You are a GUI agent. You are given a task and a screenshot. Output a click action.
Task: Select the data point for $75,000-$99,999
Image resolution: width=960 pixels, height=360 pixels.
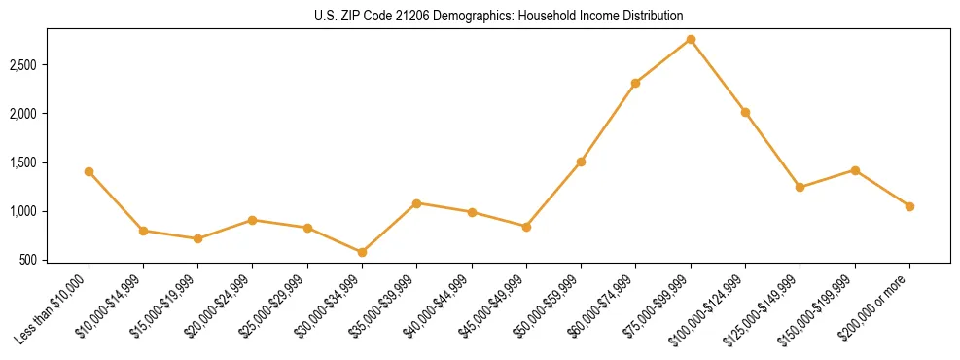pos(691,39)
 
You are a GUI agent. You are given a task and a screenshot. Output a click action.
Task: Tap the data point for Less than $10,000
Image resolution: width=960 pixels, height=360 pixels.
pos(89,171)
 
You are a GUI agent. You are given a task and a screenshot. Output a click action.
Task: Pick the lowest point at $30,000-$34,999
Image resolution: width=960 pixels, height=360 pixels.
pos(362,252)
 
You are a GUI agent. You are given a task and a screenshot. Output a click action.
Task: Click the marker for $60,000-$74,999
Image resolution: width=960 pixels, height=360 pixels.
pos(635,83)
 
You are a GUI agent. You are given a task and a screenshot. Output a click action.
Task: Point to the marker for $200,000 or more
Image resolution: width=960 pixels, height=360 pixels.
pos(909,206)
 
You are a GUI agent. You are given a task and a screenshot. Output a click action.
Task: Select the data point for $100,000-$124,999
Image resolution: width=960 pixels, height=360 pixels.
pos(745,112)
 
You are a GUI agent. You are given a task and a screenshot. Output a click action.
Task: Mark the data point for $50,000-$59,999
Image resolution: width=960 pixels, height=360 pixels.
pos(581,162)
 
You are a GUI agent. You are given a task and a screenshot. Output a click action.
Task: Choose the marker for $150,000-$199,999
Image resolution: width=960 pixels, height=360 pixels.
pos(855,170)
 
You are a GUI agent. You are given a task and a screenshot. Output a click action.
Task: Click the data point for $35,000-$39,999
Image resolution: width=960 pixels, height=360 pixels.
pos(416,203)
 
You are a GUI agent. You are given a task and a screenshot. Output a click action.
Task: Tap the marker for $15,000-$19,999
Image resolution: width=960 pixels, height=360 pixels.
pos(197,238)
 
